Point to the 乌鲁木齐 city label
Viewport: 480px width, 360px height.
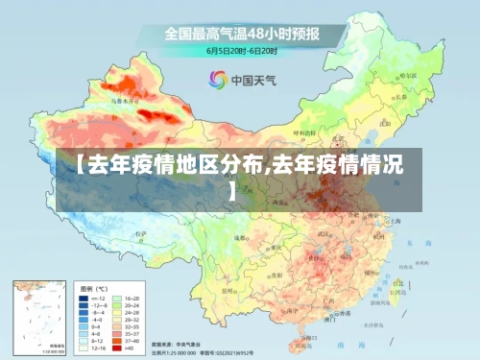pos(125,99)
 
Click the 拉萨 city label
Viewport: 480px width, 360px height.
pos(141,234)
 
